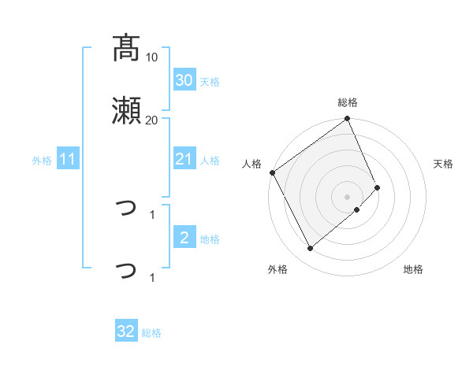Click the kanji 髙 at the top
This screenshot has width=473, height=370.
[126, 48]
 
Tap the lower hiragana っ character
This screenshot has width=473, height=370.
[126, 270]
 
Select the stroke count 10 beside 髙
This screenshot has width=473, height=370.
[152, 57]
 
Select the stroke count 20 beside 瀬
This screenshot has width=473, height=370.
[151, 120]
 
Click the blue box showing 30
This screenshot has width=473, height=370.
[184, 80]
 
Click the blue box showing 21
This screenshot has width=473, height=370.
[184, 160]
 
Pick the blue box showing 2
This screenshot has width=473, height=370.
[184, 238]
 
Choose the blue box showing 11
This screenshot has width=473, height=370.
[68, 160]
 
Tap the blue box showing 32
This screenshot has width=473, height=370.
[126, 331]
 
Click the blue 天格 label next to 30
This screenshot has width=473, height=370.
[209, 82]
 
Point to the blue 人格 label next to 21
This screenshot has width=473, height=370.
[209, 161]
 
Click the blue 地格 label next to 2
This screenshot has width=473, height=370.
[209, 239]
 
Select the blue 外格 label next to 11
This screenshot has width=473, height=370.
[42, 161]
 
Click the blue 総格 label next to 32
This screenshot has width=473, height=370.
[151, 333]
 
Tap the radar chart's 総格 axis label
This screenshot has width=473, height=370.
[348, 102]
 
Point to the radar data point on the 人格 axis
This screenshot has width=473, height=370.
[272, 172]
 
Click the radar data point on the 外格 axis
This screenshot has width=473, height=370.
[310, 249]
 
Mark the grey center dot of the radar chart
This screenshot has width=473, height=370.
[348, 196]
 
